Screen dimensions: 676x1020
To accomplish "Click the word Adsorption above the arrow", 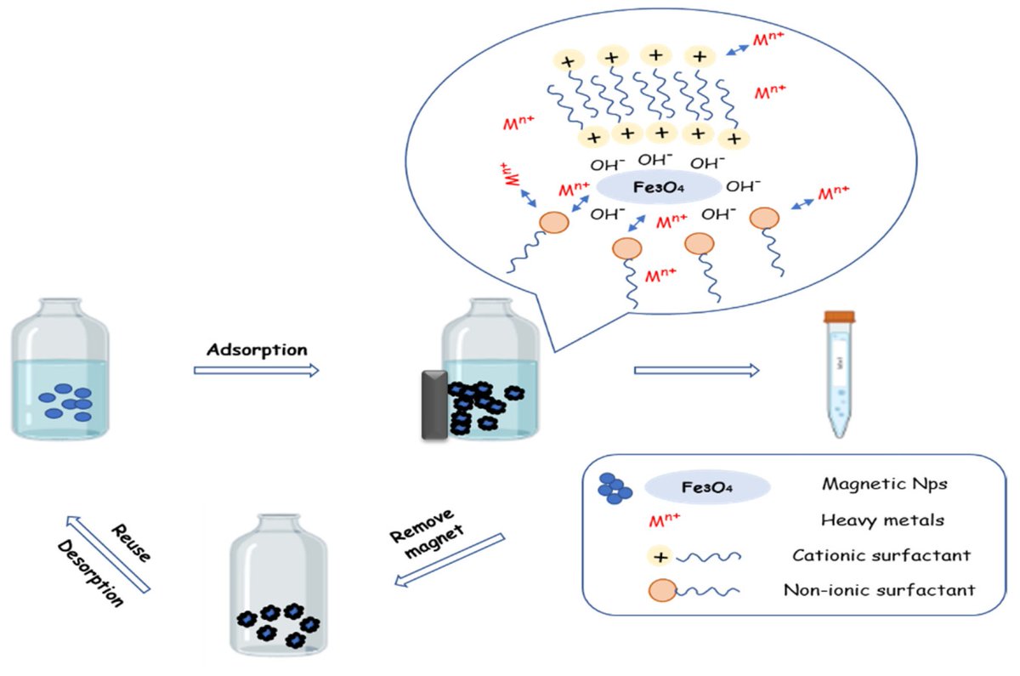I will pos(257,349).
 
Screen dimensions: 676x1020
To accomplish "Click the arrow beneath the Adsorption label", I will pos(257,370).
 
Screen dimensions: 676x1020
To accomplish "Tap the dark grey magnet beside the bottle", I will pos(434,405).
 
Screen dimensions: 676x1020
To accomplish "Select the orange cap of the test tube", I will pos(839,317).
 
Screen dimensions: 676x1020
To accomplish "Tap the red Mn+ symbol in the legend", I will pos(661,520).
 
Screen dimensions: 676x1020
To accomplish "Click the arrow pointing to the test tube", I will pos(697,370).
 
